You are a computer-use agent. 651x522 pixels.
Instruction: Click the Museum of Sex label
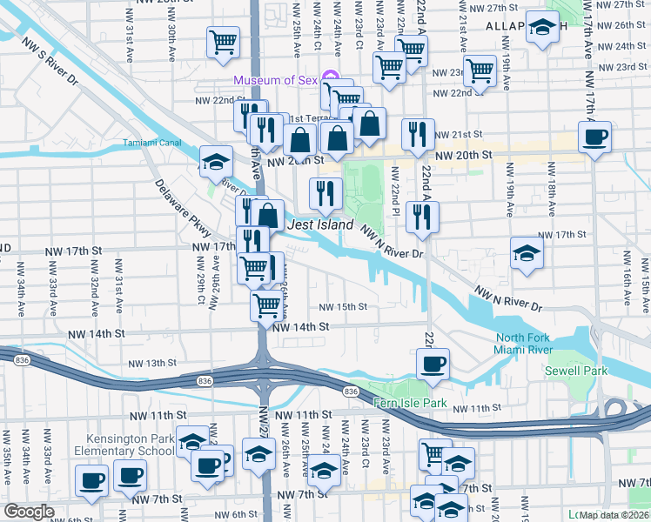point(275,81)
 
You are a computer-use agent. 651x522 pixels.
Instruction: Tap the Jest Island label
point(320,225)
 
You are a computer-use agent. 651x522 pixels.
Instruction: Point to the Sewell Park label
point(568,370)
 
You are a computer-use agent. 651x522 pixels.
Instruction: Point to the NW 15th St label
point(342,306)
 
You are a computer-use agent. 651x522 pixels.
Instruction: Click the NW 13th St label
point(152,363)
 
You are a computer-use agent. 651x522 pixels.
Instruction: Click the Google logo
point(29,512)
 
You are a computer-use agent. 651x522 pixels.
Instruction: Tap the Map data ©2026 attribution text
point(614,514)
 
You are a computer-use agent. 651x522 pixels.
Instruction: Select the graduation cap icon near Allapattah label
point(543,28)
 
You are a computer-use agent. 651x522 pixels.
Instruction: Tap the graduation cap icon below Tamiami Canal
point(216,161)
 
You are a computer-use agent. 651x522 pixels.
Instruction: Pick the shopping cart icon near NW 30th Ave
point(223,41)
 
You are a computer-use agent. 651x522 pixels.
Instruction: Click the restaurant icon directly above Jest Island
point(326,192)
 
